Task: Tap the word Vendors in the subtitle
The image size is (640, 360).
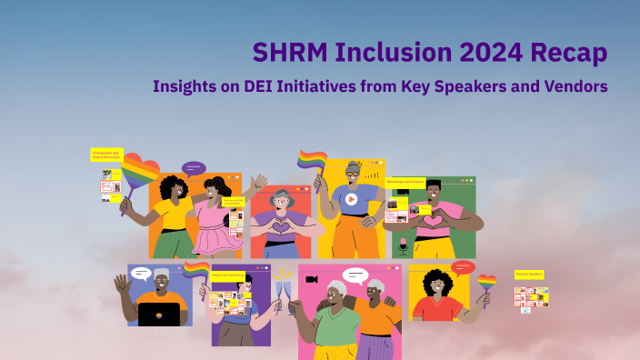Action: (x=575, y=86)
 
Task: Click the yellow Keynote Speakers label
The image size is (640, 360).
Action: (x=529, y=274)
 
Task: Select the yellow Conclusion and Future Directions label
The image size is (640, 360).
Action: (x=105, y=155)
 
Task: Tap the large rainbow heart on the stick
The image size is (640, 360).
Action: (x=140, y=173)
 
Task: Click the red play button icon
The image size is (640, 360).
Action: (x=351, y=199)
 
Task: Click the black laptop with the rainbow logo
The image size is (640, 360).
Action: (x=158, y=314)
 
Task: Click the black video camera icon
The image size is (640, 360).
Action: (x=312, y=278)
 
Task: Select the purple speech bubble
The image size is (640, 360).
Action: (x=194, y=168)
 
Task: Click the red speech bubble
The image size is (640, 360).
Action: (x=463, y=267)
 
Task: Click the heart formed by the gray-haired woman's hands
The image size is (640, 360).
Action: (x=281, y=224)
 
